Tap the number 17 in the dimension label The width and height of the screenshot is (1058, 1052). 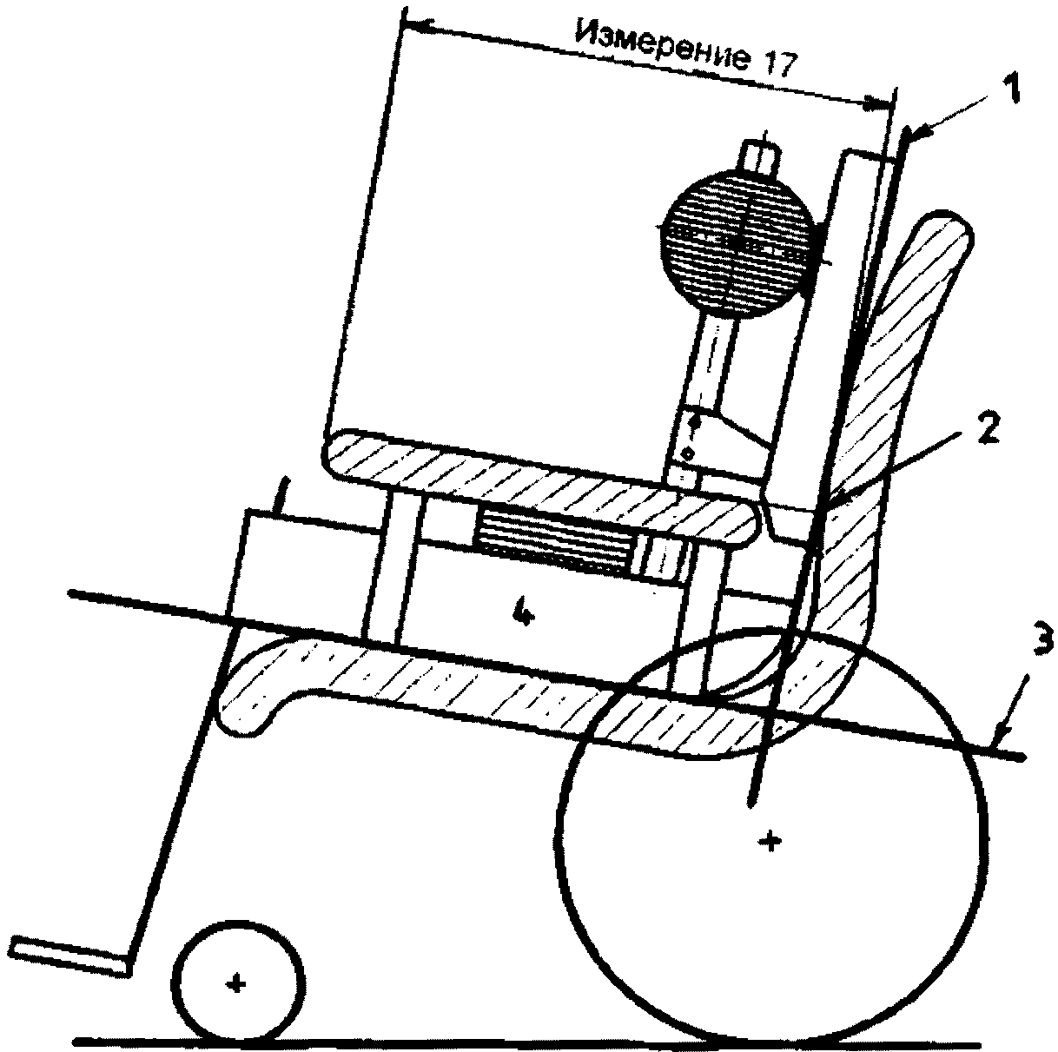(777, 68)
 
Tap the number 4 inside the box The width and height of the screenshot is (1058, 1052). (521, 613)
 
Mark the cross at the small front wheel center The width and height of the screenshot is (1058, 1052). (235, 983)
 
